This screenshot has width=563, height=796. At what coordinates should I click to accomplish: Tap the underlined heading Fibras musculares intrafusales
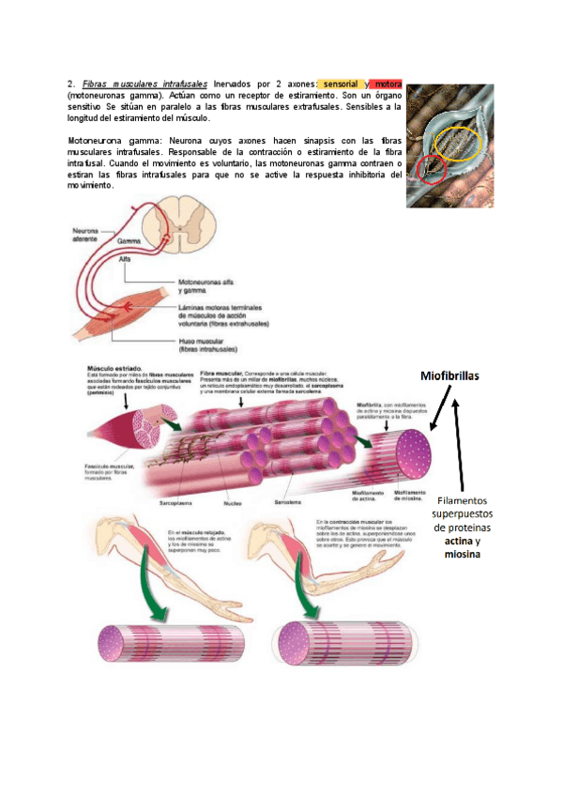pos(145,84)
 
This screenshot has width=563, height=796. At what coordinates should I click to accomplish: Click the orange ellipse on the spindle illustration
pos(460,144)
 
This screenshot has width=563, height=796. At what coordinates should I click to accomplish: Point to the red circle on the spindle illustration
pos(433,170)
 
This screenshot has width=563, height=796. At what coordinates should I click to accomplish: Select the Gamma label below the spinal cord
pos(116,242)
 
